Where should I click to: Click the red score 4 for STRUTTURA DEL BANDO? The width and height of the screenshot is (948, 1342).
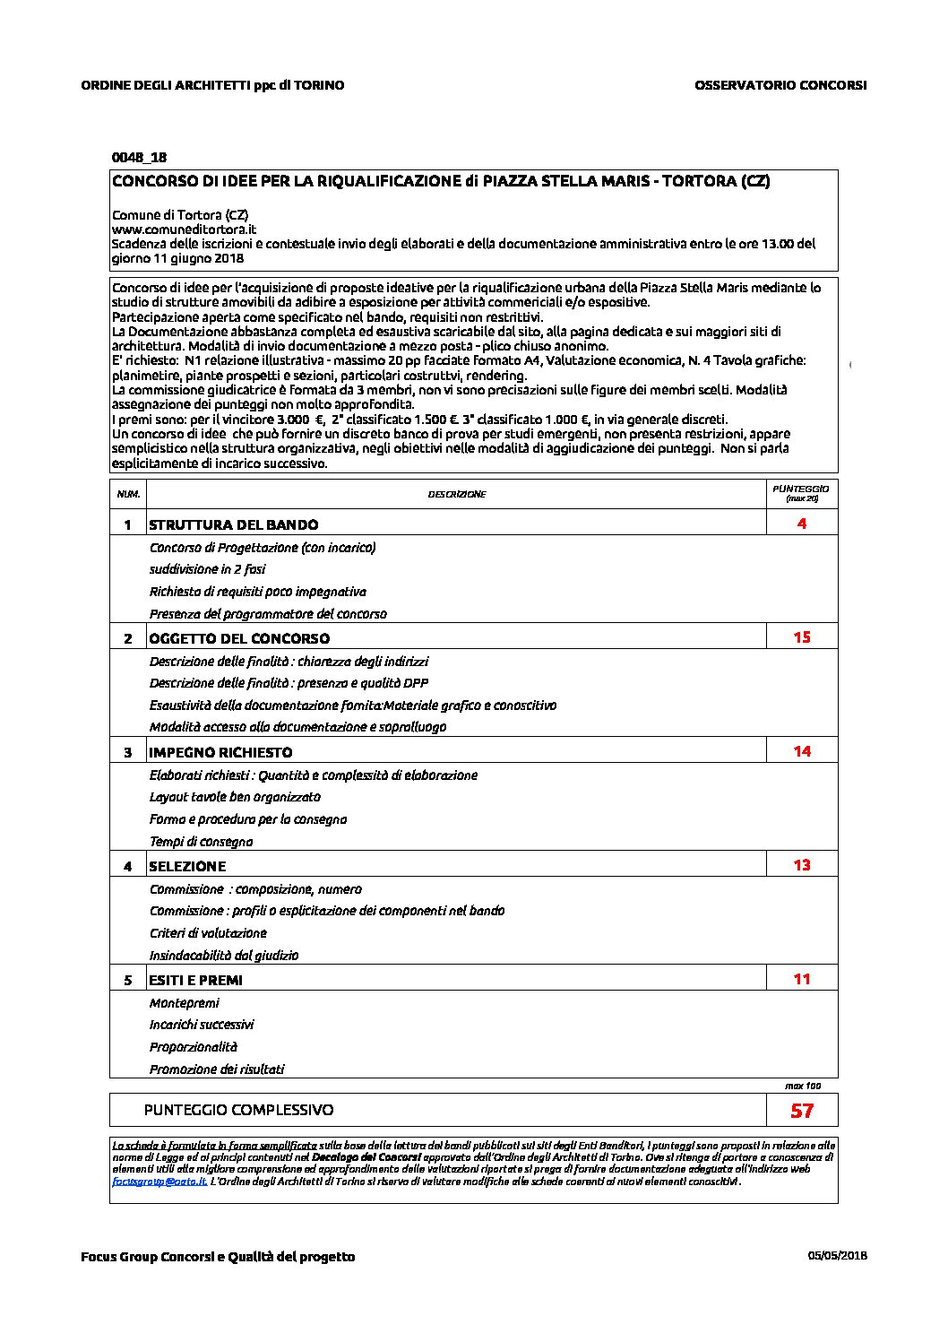tap(802, 524)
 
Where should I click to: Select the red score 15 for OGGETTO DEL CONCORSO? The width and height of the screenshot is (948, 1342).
tap(802, 637)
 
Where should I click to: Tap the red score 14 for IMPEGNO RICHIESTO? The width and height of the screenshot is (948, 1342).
tap(802, 751)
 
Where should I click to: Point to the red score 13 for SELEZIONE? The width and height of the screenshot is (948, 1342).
tap(802, 865)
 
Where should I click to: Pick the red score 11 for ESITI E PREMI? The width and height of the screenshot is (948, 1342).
tap(802, 979)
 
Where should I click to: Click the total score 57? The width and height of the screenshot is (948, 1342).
tap(802, 1111)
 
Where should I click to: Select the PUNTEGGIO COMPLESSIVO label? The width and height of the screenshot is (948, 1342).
tap(238, 1110)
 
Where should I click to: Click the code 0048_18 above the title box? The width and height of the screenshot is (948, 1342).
tap(139, 157)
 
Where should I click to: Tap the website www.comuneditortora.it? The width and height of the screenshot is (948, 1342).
tap(184, 229)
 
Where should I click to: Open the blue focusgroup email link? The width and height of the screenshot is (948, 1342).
tap(159, 1182)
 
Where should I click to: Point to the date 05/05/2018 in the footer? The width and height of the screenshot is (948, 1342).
tap(837, 1255)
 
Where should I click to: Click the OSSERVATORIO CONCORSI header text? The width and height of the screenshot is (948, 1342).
tap(780, 85)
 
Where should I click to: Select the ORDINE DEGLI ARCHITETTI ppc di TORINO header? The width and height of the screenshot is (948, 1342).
tap(212, 85)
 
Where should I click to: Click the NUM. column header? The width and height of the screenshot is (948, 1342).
tap(128, 494)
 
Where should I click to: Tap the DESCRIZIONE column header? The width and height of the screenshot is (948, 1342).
tap(457, 494)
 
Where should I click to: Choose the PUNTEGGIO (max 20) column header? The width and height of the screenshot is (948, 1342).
tap(801, 492)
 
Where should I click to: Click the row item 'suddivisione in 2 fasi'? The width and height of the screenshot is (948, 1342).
tap(207, 569)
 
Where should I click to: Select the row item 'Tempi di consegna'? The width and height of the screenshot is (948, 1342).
tap(201, 842)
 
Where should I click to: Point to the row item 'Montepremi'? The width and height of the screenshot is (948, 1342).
tap(184, 1003)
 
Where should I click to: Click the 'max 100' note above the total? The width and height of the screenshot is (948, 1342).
tap(802, 1086)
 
